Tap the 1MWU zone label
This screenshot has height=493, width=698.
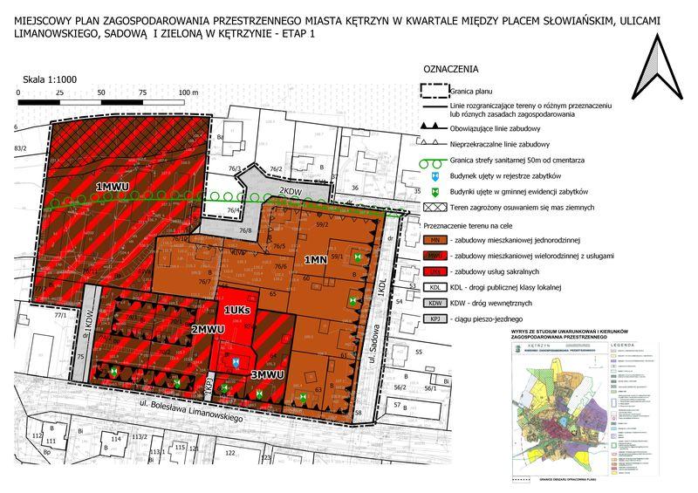point(113,187)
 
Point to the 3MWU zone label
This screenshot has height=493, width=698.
point(267,375)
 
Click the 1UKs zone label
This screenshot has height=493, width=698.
point(237,311)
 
